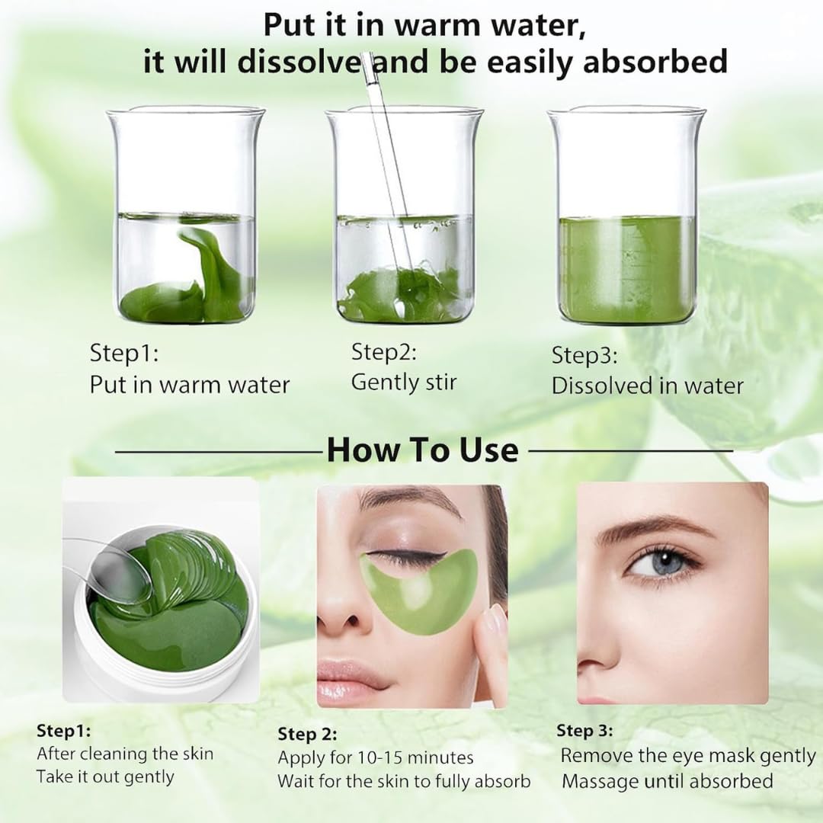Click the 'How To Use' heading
pos(422,450)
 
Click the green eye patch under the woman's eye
pos(419,591)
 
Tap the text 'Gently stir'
pos(403,382)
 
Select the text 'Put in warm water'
pos(190,384)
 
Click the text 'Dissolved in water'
pos(647,386)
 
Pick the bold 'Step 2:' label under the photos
pos(307,734)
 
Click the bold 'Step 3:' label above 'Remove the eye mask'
pos(584,731)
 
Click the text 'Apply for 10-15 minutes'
pos(375,757)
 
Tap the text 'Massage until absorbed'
pos(667,781)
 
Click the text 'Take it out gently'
pos(105,777)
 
